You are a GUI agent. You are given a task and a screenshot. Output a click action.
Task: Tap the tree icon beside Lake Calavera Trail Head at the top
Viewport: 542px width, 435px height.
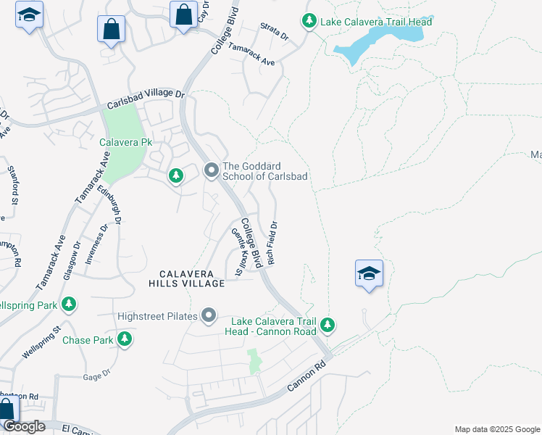click(x=309, y=21)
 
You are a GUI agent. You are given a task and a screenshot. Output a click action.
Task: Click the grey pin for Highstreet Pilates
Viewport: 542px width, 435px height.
click(x=209, y=315)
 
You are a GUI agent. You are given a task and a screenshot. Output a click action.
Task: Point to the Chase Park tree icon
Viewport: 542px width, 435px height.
click(x=125, y=339)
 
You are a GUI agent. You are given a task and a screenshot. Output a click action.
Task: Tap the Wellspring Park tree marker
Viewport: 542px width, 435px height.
click(x=69, y=304)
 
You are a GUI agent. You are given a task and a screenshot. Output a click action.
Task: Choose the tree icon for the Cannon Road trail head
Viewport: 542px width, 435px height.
click(x=328, y=325)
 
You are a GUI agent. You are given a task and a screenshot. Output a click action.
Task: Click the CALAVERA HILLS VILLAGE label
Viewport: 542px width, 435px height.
click(x=187, y=278)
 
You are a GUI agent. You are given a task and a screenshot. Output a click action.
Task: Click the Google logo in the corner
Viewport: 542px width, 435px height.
click(x=24, y=426)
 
